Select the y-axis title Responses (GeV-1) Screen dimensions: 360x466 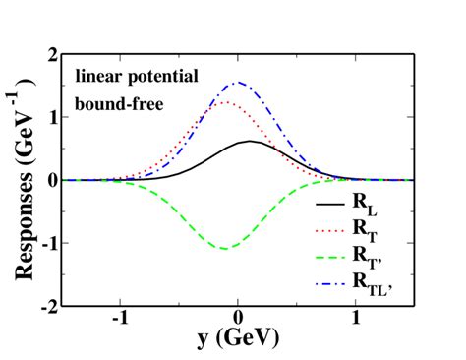(23, 180)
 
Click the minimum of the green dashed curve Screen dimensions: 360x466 (225, 249)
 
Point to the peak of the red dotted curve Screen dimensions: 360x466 (225, 102)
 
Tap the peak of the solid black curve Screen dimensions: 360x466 (252, 141)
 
